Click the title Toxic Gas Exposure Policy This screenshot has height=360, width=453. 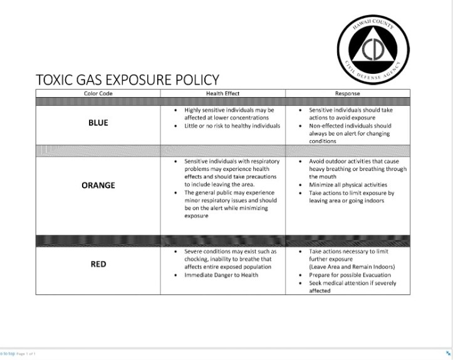(128, 80)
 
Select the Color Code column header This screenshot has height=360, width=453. (98, 93)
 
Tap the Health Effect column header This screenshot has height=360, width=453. (222, 93)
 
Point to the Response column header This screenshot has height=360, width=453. (347, 93)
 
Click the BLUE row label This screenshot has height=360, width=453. (98, 123)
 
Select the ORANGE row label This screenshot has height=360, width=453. (98, 185)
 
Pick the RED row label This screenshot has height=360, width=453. (98, 264)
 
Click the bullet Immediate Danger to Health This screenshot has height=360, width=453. (221, 275)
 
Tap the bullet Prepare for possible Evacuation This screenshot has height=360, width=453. (346, 275)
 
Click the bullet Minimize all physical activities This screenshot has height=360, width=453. (348, 185)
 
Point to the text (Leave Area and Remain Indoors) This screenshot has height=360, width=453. (351, 267)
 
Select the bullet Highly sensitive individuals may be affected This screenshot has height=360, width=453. (229, 113)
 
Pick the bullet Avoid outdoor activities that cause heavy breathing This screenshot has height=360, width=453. (357, 169)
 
